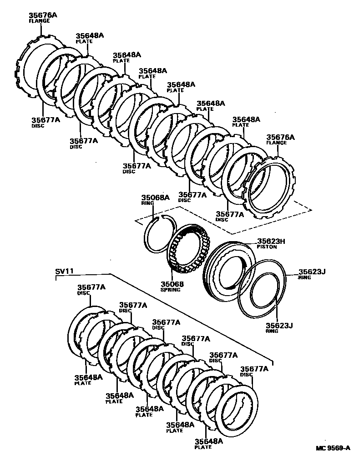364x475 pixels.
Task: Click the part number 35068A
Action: pyautogui.click(x=155, y=198)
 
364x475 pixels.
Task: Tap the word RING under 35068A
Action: pyautogui.click(x=147, y=203)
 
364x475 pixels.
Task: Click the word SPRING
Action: pyautogui.click(x=170, y=290)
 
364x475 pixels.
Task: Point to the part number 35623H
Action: pyautogui.click(x=271, y=242)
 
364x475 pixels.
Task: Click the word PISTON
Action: pyautogui.click(x=268, y=247)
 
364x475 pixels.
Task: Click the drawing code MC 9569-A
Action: pyautogui.click(x=334, y=448)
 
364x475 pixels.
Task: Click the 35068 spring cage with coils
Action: pyautogui.click(x=187, y=251)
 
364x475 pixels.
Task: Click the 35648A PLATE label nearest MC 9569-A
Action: pyautogui.click(x=208, y=441)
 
